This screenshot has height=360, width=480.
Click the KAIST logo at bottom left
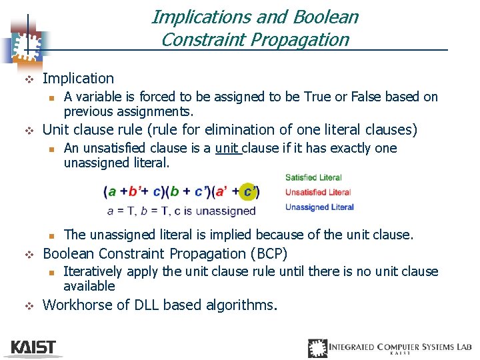[33, 347]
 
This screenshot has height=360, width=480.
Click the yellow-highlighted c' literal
[249, 192]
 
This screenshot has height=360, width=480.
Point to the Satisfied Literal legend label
[313, 177]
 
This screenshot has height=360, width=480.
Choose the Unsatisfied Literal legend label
[318, 192]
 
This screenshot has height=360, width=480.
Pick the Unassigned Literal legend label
[319, 207]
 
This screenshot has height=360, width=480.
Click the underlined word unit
[227, 148]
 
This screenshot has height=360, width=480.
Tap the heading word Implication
[78, 79]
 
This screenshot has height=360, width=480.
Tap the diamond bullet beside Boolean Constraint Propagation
[28, 254]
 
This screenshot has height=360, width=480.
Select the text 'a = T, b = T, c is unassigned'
[181, 211]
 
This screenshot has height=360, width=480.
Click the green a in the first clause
[112, 192]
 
